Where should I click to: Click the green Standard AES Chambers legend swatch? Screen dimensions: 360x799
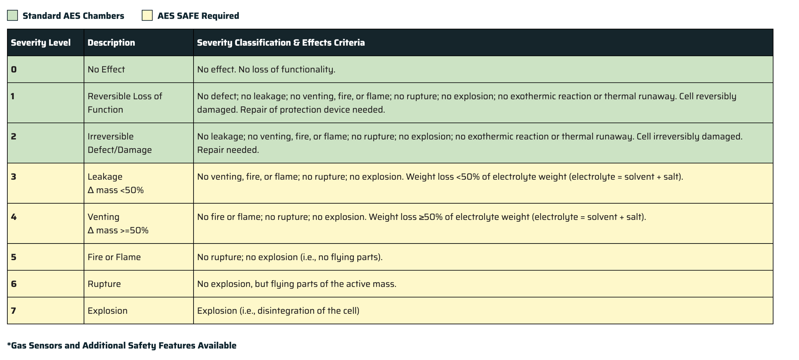pyautogui.click(x=12, y=15)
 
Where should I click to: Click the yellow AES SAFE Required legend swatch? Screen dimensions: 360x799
pyautogui.click(x=147, y=15)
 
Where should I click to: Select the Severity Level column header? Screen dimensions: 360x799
pyautogui.click(x=41, y=43)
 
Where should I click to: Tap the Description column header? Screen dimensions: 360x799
pyautogui.click(x=111, y=43)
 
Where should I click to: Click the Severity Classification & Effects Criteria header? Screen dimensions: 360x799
pyautogui.click(x=281, y=43)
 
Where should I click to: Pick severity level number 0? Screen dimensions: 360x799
pyautogui.click(x=14, y=69)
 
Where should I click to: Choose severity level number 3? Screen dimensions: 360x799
pyautogui.click(x=14, y=177)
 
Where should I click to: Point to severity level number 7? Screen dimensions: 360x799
pyautogui.click(x=14, y=310)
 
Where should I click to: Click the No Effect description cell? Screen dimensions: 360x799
pyautogui.click(x=106, y=69)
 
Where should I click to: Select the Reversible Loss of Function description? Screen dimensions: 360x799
pyautogui.click(x=125, y=103)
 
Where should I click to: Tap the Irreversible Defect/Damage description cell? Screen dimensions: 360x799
pyautogui.click(x=119, y=143)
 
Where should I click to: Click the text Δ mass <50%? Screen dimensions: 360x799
pyautogui.click(x=115, y=190)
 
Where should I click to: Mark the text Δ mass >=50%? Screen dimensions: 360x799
pyautogui.click(x=118, y=230)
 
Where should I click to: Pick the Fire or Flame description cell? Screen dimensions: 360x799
pyautogui.click(x=114, y=257)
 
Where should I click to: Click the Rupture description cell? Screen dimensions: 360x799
pyautogui.click(x=104, y=284)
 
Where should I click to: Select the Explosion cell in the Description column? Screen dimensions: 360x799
pyautogui.click(x=107, y=310)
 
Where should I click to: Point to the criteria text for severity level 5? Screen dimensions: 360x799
pyautogui.click(x=290, y=257)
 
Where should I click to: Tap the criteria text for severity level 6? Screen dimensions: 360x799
pyautogui.click(x=297, y=284)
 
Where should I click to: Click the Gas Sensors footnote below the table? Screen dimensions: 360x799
pyautogui.click(x=122, y=345)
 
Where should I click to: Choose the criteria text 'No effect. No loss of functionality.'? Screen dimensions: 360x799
pyautogui.click(x=266, y=69)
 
